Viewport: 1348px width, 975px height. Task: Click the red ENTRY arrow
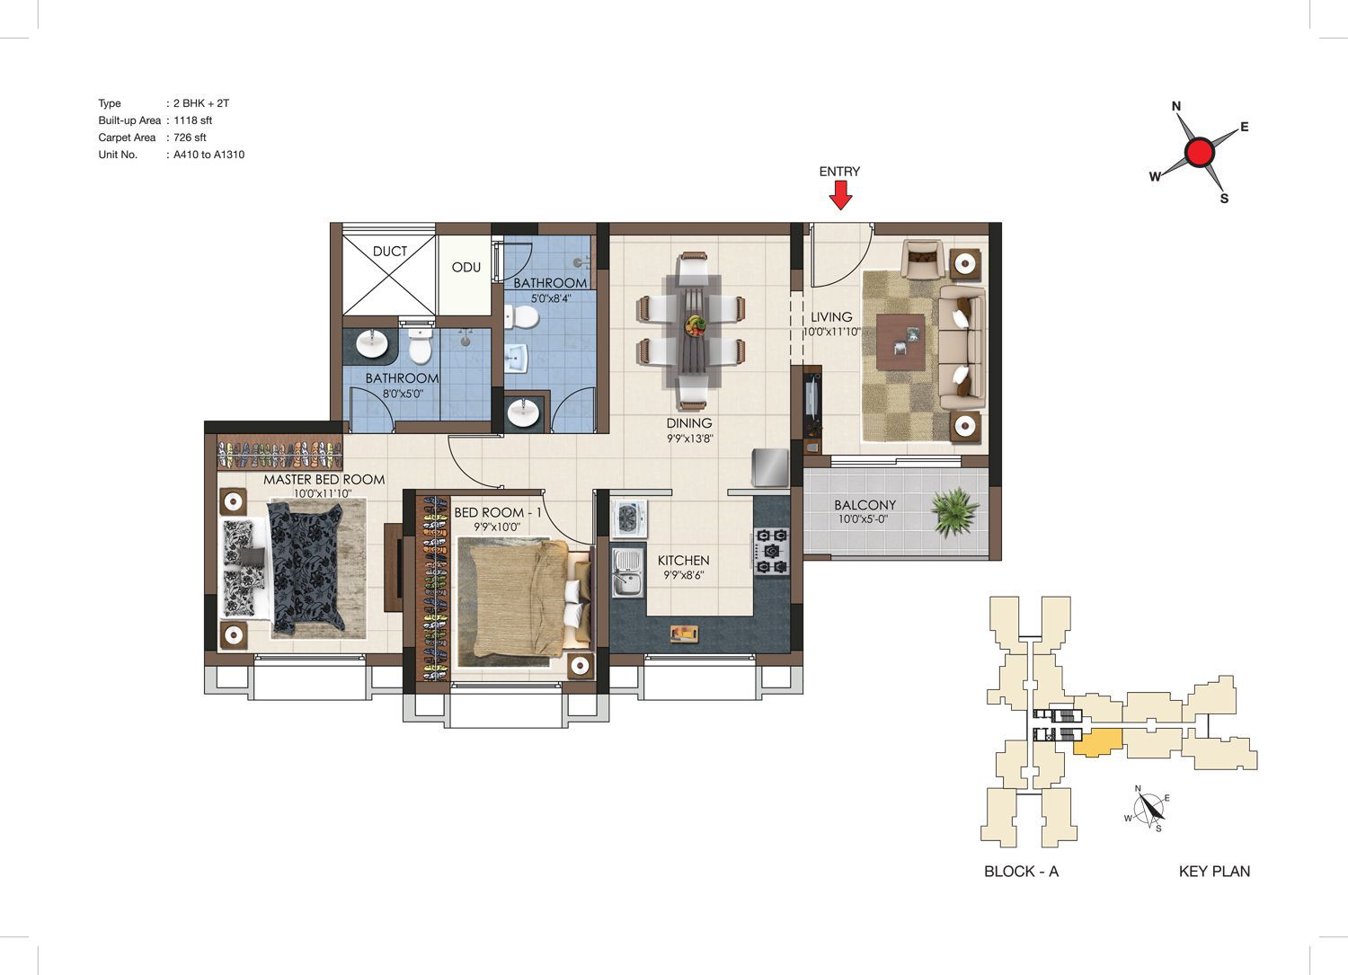(840, 195)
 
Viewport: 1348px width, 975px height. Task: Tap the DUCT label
(390, 251)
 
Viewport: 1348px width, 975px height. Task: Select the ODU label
(466, 267)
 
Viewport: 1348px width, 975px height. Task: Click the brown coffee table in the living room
(900, 341)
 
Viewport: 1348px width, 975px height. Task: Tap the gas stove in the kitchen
(770, 551)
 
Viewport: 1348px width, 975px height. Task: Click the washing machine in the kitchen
(629, 518)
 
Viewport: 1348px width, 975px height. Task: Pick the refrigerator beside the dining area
(769, 467)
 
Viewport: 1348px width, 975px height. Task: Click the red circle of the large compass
(1200, 152)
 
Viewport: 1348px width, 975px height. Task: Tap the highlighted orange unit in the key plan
(1097, 742)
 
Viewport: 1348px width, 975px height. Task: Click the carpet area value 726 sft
(190, 137)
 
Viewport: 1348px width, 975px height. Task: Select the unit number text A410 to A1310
(208, 155)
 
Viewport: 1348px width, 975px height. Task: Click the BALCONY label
(865, 505)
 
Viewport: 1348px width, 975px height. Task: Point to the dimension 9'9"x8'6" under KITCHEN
(683, 575)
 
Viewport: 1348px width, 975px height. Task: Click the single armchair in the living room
(921, 260)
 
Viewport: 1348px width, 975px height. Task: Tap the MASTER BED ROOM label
(324, 480)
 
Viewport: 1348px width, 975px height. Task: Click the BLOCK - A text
(1021, 871)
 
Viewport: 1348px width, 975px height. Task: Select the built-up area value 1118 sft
(192, 120)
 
